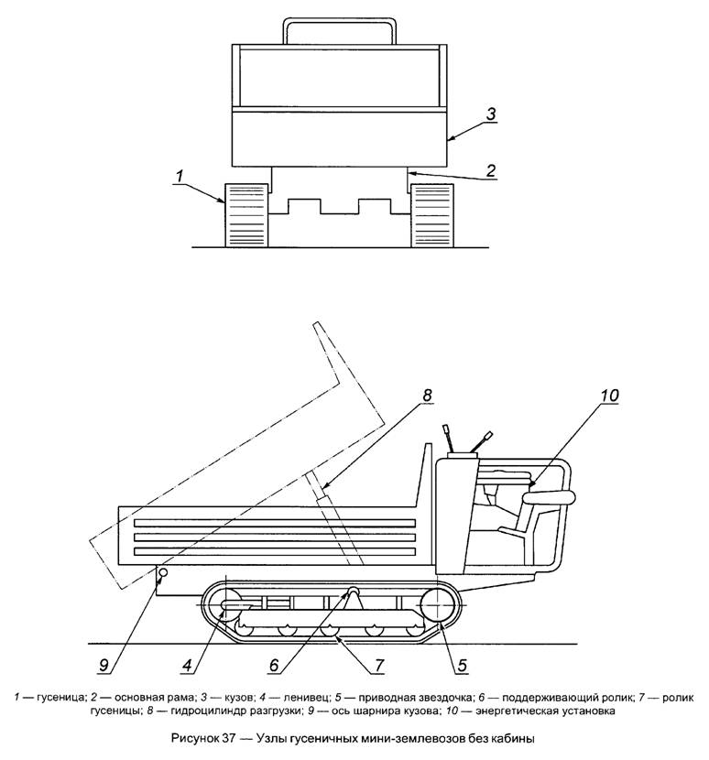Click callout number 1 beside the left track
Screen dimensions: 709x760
point(180,176)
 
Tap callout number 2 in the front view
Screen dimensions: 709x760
point(491,170)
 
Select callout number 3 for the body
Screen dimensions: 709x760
point(491,114)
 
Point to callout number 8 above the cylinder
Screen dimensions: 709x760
point(426,395)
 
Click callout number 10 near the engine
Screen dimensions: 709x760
point(609,396)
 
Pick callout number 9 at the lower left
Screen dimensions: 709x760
point(104,666)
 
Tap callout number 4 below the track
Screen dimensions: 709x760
point(188,666)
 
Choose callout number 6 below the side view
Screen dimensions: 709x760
point(274,666)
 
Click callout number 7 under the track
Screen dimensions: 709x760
point(378,666)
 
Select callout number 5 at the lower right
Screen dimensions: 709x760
point(463,666)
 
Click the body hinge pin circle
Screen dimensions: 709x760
point(163,572)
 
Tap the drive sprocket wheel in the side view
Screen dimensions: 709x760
point(436,606)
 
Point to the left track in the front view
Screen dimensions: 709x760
point(245,216)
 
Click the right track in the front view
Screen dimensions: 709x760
point(432,216)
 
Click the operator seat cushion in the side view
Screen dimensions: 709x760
point(548,497)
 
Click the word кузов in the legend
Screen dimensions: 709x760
point(237,698)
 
